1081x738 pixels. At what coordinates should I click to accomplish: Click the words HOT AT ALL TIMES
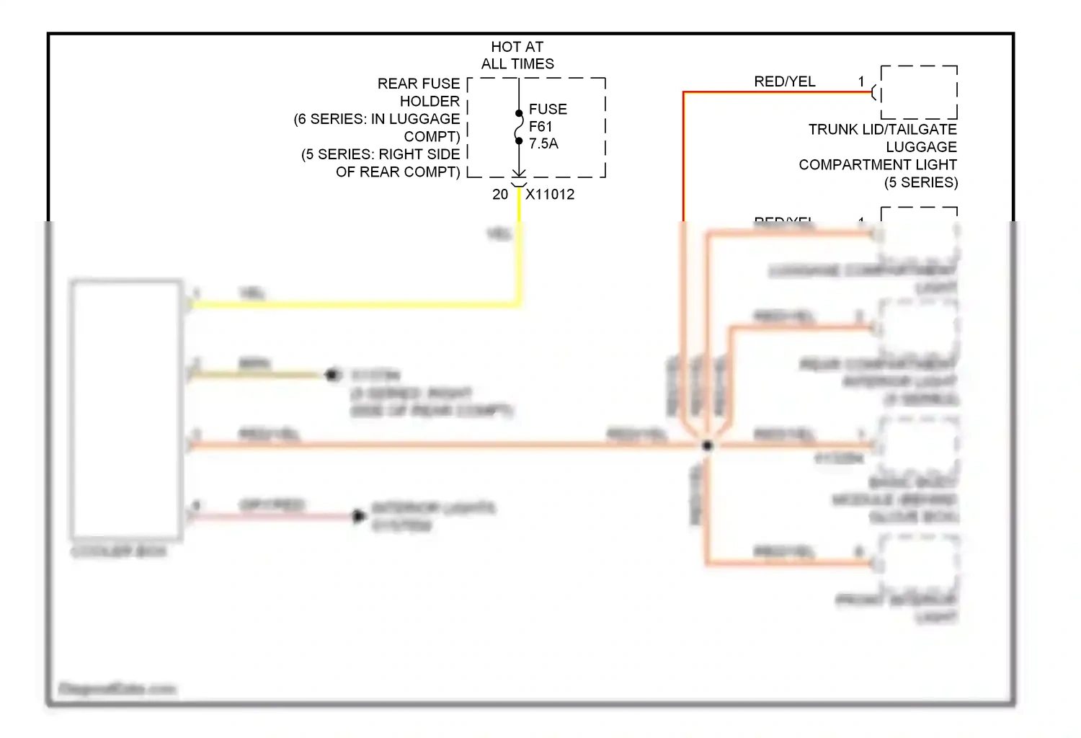click(517, 55)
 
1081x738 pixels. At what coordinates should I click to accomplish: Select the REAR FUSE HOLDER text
click(419, 92)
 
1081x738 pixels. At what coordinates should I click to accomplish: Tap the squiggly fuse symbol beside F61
click(519, 128)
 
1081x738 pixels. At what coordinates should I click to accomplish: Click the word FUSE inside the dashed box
click(548, 110)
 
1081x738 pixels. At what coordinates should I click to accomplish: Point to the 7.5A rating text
click(543, 144)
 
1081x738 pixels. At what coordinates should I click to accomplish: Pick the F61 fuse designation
click(540, 127)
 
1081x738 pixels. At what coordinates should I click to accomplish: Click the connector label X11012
click(550, 195)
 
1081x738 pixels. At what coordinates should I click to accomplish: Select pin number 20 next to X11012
click(500, 195)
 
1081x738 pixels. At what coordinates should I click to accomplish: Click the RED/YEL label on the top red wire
click(784, 81)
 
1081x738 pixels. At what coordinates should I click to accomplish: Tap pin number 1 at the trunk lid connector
click(861, 81)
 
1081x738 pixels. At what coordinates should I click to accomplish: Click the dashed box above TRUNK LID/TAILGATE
click(919, 92)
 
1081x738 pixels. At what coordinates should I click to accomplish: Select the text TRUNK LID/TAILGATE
click(882, 130)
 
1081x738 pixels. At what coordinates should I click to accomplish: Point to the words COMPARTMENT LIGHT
click(877, 165)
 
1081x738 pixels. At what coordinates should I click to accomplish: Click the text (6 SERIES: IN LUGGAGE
click(377, 119)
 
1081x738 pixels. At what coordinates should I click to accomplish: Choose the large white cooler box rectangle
click(126, 409)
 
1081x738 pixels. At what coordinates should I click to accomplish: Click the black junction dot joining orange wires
click(707, 445)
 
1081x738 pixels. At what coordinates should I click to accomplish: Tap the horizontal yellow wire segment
click(353, 305)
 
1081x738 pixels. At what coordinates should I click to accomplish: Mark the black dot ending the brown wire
click(332, 375)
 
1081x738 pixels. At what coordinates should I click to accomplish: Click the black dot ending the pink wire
click(358, 516)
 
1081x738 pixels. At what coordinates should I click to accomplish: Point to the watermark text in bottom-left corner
click(117, 689)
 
